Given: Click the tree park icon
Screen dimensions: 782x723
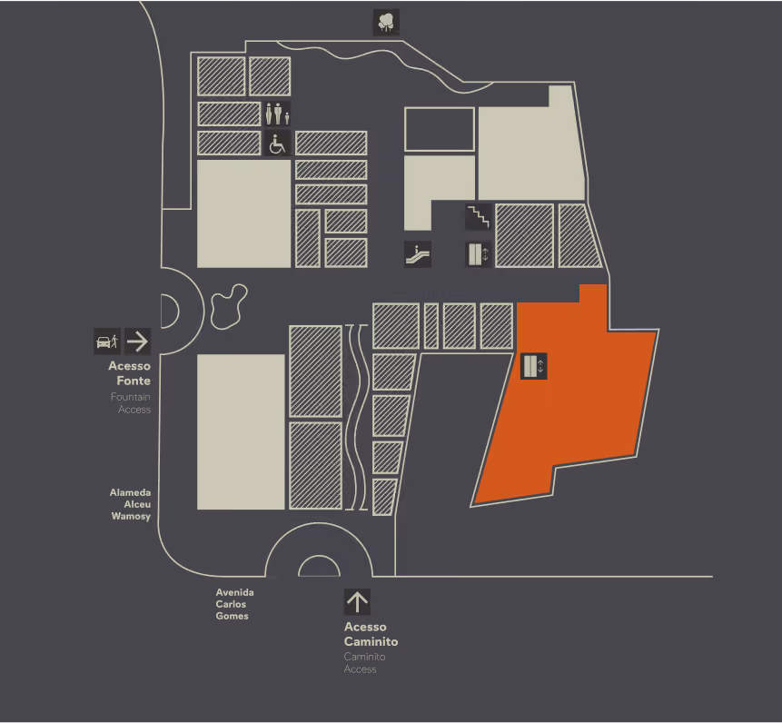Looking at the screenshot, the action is [386, 23].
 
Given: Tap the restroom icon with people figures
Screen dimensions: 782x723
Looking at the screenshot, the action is [277, 114].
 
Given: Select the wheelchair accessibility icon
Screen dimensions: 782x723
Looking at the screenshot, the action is [277, 144].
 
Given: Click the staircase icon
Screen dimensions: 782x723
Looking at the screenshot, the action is [479, 217].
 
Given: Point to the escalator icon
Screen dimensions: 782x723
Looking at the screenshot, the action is [418, 253].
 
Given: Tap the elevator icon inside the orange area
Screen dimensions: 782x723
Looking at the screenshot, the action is [534, 366].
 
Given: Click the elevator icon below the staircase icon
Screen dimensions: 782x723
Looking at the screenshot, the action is [479, 253].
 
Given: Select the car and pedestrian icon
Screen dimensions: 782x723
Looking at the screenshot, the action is [107, 342].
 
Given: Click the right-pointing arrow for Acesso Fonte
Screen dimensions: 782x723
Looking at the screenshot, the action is [137, 342].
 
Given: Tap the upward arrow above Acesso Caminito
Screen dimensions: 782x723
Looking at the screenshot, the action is [357, 602].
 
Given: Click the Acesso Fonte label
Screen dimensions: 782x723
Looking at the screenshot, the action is [130, 373].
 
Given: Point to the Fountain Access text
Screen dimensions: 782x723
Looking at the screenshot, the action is [131, 403].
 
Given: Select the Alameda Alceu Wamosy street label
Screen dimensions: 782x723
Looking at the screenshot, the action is [130, 504].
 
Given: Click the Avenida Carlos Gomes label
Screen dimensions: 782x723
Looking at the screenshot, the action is [234, 604].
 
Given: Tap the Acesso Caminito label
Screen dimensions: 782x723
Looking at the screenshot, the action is [371, 634].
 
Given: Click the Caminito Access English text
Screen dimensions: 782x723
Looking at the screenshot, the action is [364, 663].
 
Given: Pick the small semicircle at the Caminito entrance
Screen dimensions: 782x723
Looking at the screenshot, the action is [319, 556].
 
